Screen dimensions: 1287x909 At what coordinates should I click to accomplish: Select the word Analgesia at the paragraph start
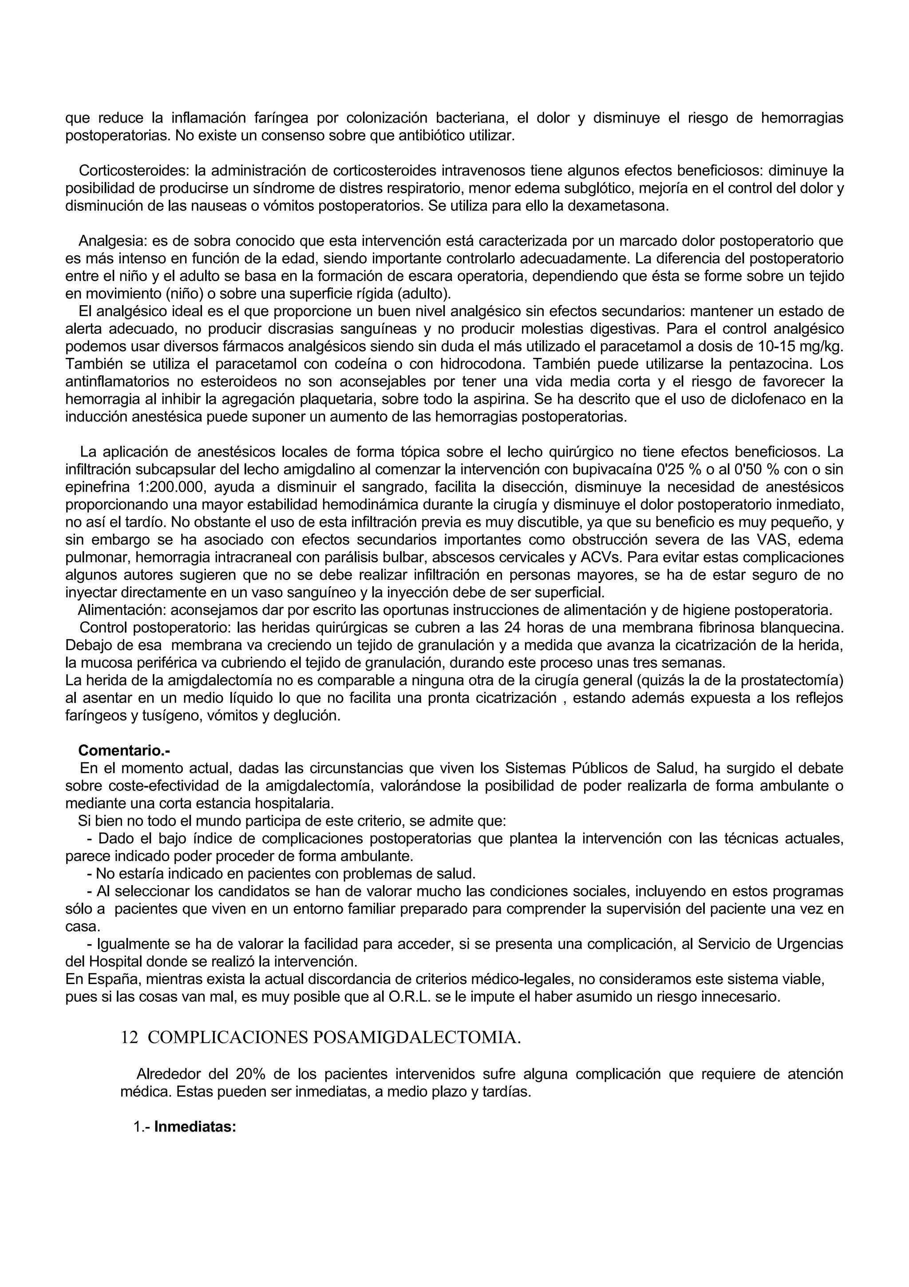tap(112, 241)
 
